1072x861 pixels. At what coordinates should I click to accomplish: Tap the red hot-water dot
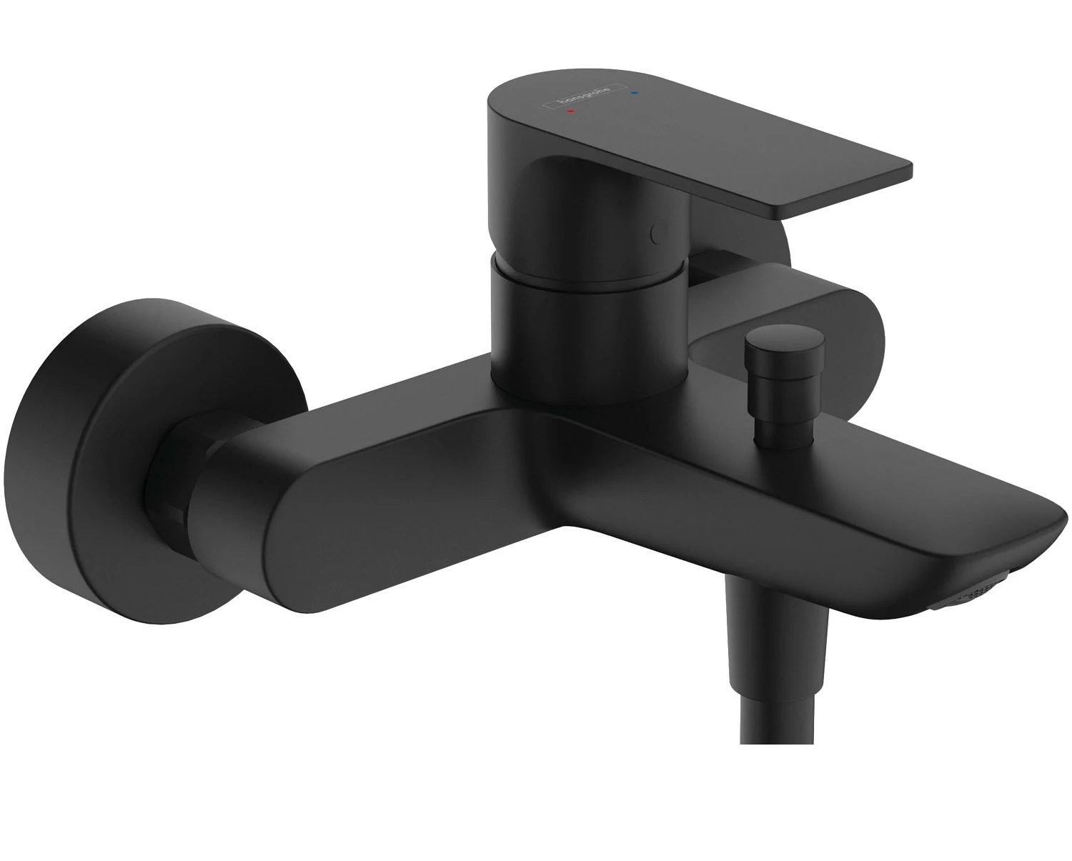(571, 111)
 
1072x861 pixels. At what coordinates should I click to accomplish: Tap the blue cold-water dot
(633, 92)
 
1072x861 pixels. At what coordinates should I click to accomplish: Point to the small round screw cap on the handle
(658, 232)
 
